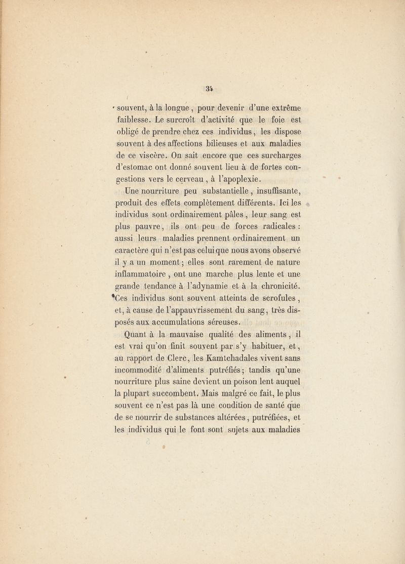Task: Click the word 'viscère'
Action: pyautogui.click(x=152, y=166)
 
